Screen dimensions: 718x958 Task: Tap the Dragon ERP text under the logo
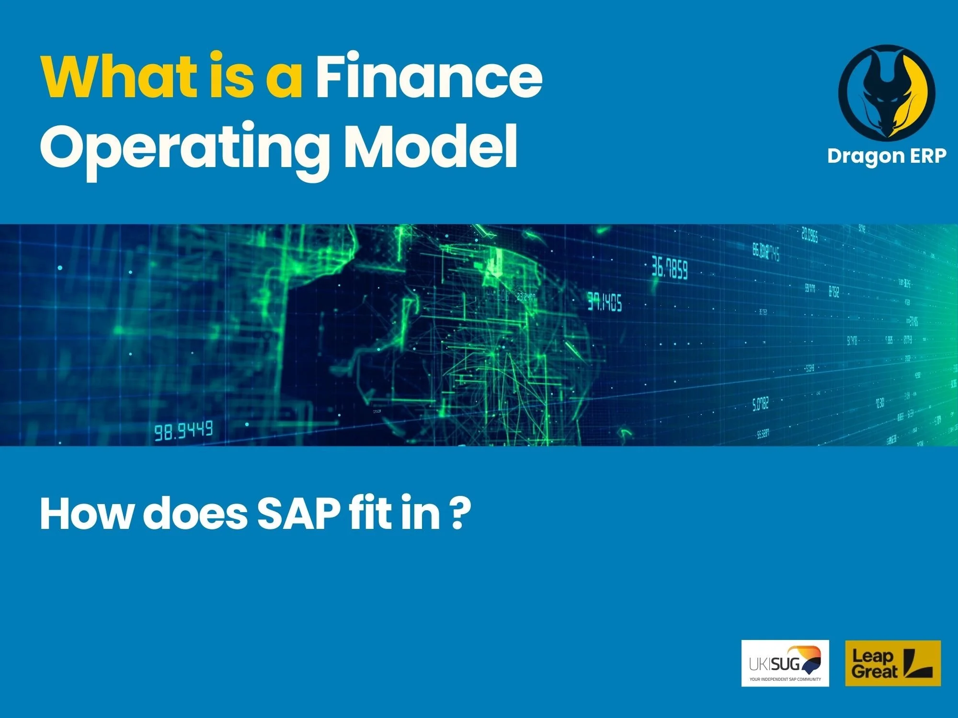pos(887,156)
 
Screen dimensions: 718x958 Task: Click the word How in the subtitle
pos(86,514)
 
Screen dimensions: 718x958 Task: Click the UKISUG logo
pos(785,663)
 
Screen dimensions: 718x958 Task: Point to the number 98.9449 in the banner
pos(183,431)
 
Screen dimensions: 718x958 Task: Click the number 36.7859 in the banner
pos(670,269)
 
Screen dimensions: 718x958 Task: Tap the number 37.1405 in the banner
pos(604,302)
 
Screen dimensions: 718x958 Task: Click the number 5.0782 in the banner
pos(760,404)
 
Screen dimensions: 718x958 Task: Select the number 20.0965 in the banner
pos(810,235)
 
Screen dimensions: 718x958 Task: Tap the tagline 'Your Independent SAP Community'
pos(785,679)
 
